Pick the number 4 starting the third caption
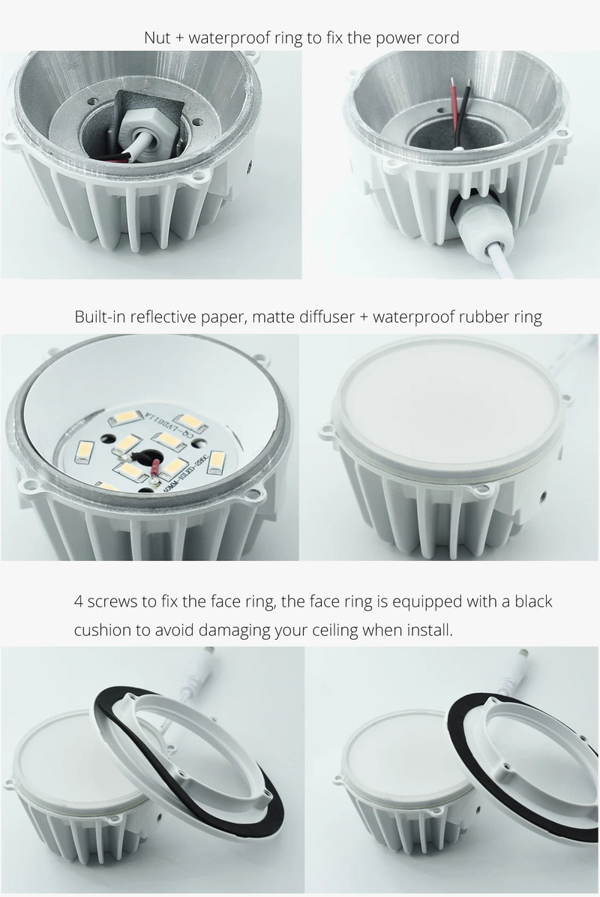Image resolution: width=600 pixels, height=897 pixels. point(78,601)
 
